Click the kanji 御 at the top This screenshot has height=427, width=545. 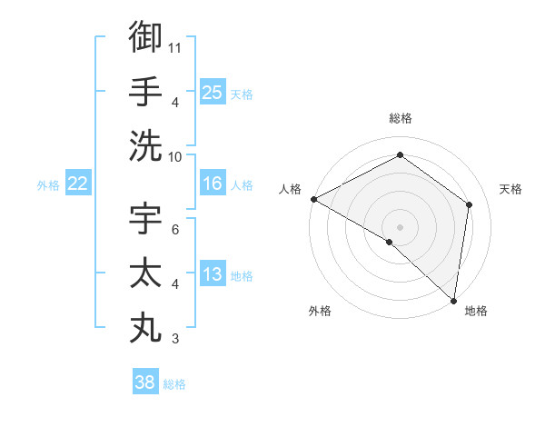tap(145, 37)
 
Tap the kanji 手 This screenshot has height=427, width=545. tap(145, 92)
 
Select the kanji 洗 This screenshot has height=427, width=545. tap(145, 145)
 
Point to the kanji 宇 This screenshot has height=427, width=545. tap(145, 220)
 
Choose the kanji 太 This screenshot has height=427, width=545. tap(145, 274)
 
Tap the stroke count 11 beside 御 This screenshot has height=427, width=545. tap(176, 47)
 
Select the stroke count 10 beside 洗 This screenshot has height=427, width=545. tap(176, 155)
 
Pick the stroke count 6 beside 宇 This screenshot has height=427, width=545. tap(175, 230)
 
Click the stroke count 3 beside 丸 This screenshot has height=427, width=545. tap(175, 339)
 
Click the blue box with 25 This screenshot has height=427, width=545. tap(212, 92)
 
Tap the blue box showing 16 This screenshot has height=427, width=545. tap(212, 184)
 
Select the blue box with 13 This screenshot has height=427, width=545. tap(212, 274)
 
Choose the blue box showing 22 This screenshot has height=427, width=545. tap(77, 184)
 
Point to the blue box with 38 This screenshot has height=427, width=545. tap(144, 382)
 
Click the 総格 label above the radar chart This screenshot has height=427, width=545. tap(400, 118)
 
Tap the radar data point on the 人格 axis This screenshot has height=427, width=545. tap(313, 199)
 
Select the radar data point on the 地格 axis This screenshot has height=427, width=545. tap(453, 299)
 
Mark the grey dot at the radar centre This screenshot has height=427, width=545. tap(400, 226)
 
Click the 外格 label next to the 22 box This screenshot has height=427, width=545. tap(48, 185)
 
